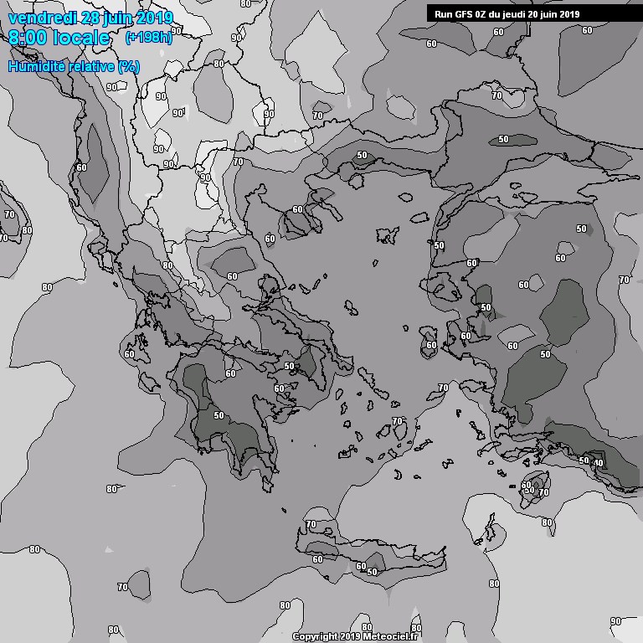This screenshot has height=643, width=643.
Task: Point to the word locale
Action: point(81,39)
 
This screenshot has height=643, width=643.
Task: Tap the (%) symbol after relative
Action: point(129,66)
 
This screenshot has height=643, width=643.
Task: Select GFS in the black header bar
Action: point(464,13)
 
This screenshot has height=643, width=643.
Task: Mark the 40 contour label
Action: point(598,462)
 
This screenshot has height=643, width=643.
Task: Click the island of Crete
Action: point(368,553)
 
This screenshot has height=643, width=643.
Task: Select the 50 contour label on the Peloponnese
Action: point(219,415)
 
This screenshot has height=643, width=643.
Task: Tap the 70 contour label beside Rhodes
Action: point(543,492)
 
